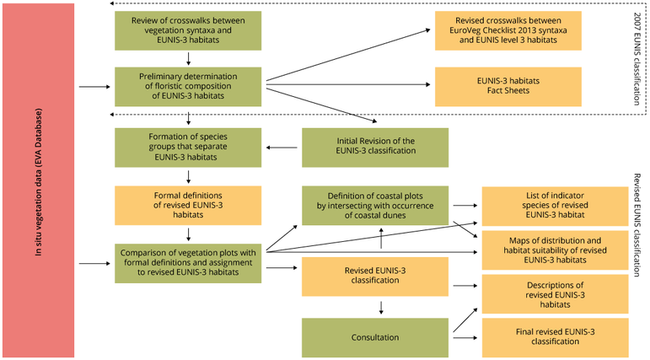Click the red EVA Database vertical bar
[x=39, y=180]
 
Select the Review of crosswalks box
[x=188, y=30]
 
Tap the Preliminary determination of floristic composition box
[x=188, y=87]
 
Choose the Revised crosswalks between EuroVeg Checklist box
[x=508, y=30]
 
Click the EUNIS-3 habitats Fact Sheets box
[x=508, y=87]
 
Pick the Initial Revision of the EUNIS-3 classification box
[x=375, y=148]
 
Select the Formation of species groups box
[x=188, y=148]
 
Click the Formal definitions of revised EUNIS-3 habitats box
[x=188, y=206]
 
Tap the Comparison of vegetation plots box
[x=188, y=263]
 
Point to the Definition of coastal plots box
[x=375, y=206]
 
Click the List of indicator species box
[x=555, y=206]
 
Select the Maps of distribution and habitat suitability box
[x=555, y=250]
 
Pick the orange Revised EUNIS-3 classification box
[x=375, y=277]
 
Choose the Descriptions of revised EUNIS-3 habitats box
[x=555, y=294]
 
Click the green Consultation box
[x=375, y=337]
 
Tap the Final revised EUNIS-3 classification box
[x=555, y=337]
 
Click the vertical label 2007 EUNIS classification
[x=637, y=58]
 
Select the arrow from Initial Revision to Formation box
[x=282, y=148]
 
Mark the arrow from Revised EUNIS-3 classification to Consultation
[x=381, y=308]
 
